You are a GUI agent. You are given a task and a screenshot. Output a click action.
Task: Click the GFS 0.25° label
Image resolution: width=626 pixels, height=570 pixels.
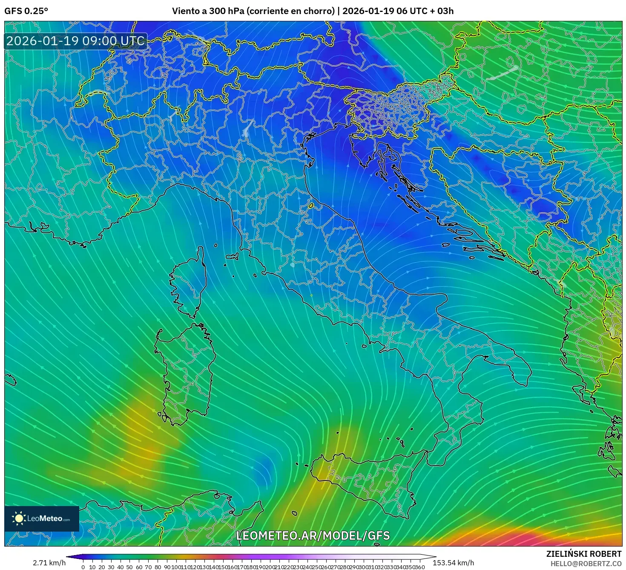pyautogui.click(x=26, y=11)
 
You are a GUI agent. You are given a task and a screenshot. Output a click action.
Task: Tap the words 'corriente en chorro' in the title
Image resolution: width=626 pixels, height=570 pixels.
pyautogui.click(x=291, y=11)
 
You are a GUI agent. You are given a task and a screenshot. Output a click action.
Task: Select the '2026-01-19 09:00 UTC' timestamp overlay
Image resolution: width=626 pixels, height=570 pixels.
pyautogui.click(x=75, y=41)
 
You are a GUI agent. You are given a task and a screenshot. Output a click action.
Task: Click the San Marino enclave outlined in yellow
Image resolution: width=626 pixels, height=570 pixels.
pyautogui.click(x=311, y=206)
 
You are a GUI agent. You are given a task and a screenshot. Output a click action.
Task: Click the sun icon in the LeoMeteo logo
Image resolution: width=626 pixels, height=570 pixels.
pyautogui.click(x=19, y=518)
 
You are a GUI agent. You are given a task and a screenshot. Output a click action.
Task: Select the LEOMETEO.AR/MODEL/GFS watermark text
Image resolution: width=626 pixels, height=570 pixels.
pyautogui.click(x=313, y=535)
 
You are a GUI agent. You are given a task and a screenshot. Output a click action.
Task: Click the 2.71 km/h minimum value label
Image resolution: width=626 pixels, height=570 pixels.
pyautogui.click(x=49, y=563)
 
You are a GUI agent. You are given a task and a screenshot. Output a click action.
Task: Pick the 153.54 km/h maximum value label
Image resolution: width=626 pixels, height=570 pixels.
pyautogui.click(x=453, y=563)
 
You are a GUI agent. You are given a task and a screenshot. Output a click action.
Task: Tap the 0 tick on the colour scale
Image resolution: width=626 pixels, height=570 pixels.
pyautogui.click(x=83, y=567)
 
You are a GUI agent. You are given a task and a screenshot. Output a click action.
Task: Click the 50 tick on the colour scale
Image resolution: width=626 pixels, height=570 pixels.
pyautogui.click(x=129, y=567)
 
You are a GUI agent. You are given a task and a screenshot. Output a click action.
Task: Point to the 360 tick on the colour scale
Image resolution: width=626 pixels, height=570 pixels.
pyautogui.click(x=419, y=567)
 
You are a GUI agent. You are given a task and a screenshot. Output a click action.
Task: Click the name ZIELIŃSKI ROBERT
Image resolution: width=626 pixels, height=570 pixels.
pyautogui.click(x=584, y=554)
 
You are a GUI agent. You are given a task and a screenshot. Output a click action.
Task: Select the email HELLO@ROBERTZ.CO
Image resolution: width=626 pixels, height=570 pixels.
pyautogui.click(x=586, y=564)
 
